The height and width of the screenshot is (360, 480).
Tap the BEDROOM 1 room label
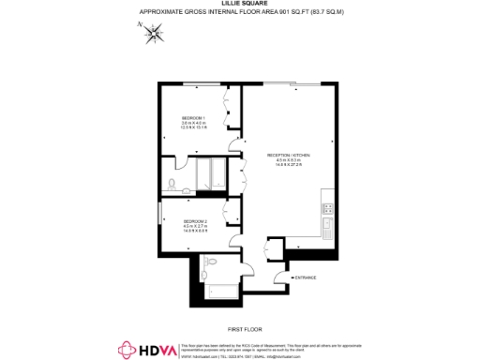coord(194,117)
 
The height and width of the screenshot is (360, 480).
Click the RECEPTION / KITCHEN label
coord(289,155)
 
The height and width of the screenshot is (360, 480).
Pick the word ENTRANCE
coord(307,278)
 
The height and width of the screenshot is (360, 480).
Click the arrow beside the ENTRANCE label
coord(292,278)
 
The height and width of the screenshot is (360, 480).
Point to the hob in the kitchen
coord(328,206)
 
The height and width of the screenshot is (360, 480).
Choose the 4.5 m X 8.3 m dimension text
coord(289,160)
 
